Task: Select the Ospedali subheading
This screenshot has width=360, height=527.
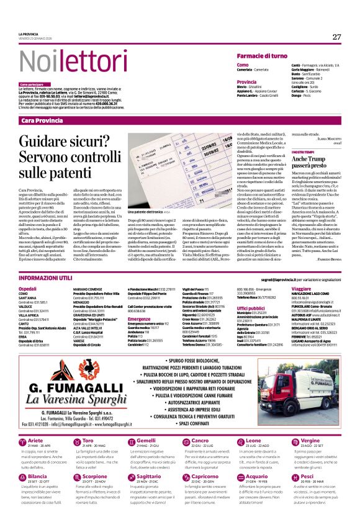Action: coord(28,289)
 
